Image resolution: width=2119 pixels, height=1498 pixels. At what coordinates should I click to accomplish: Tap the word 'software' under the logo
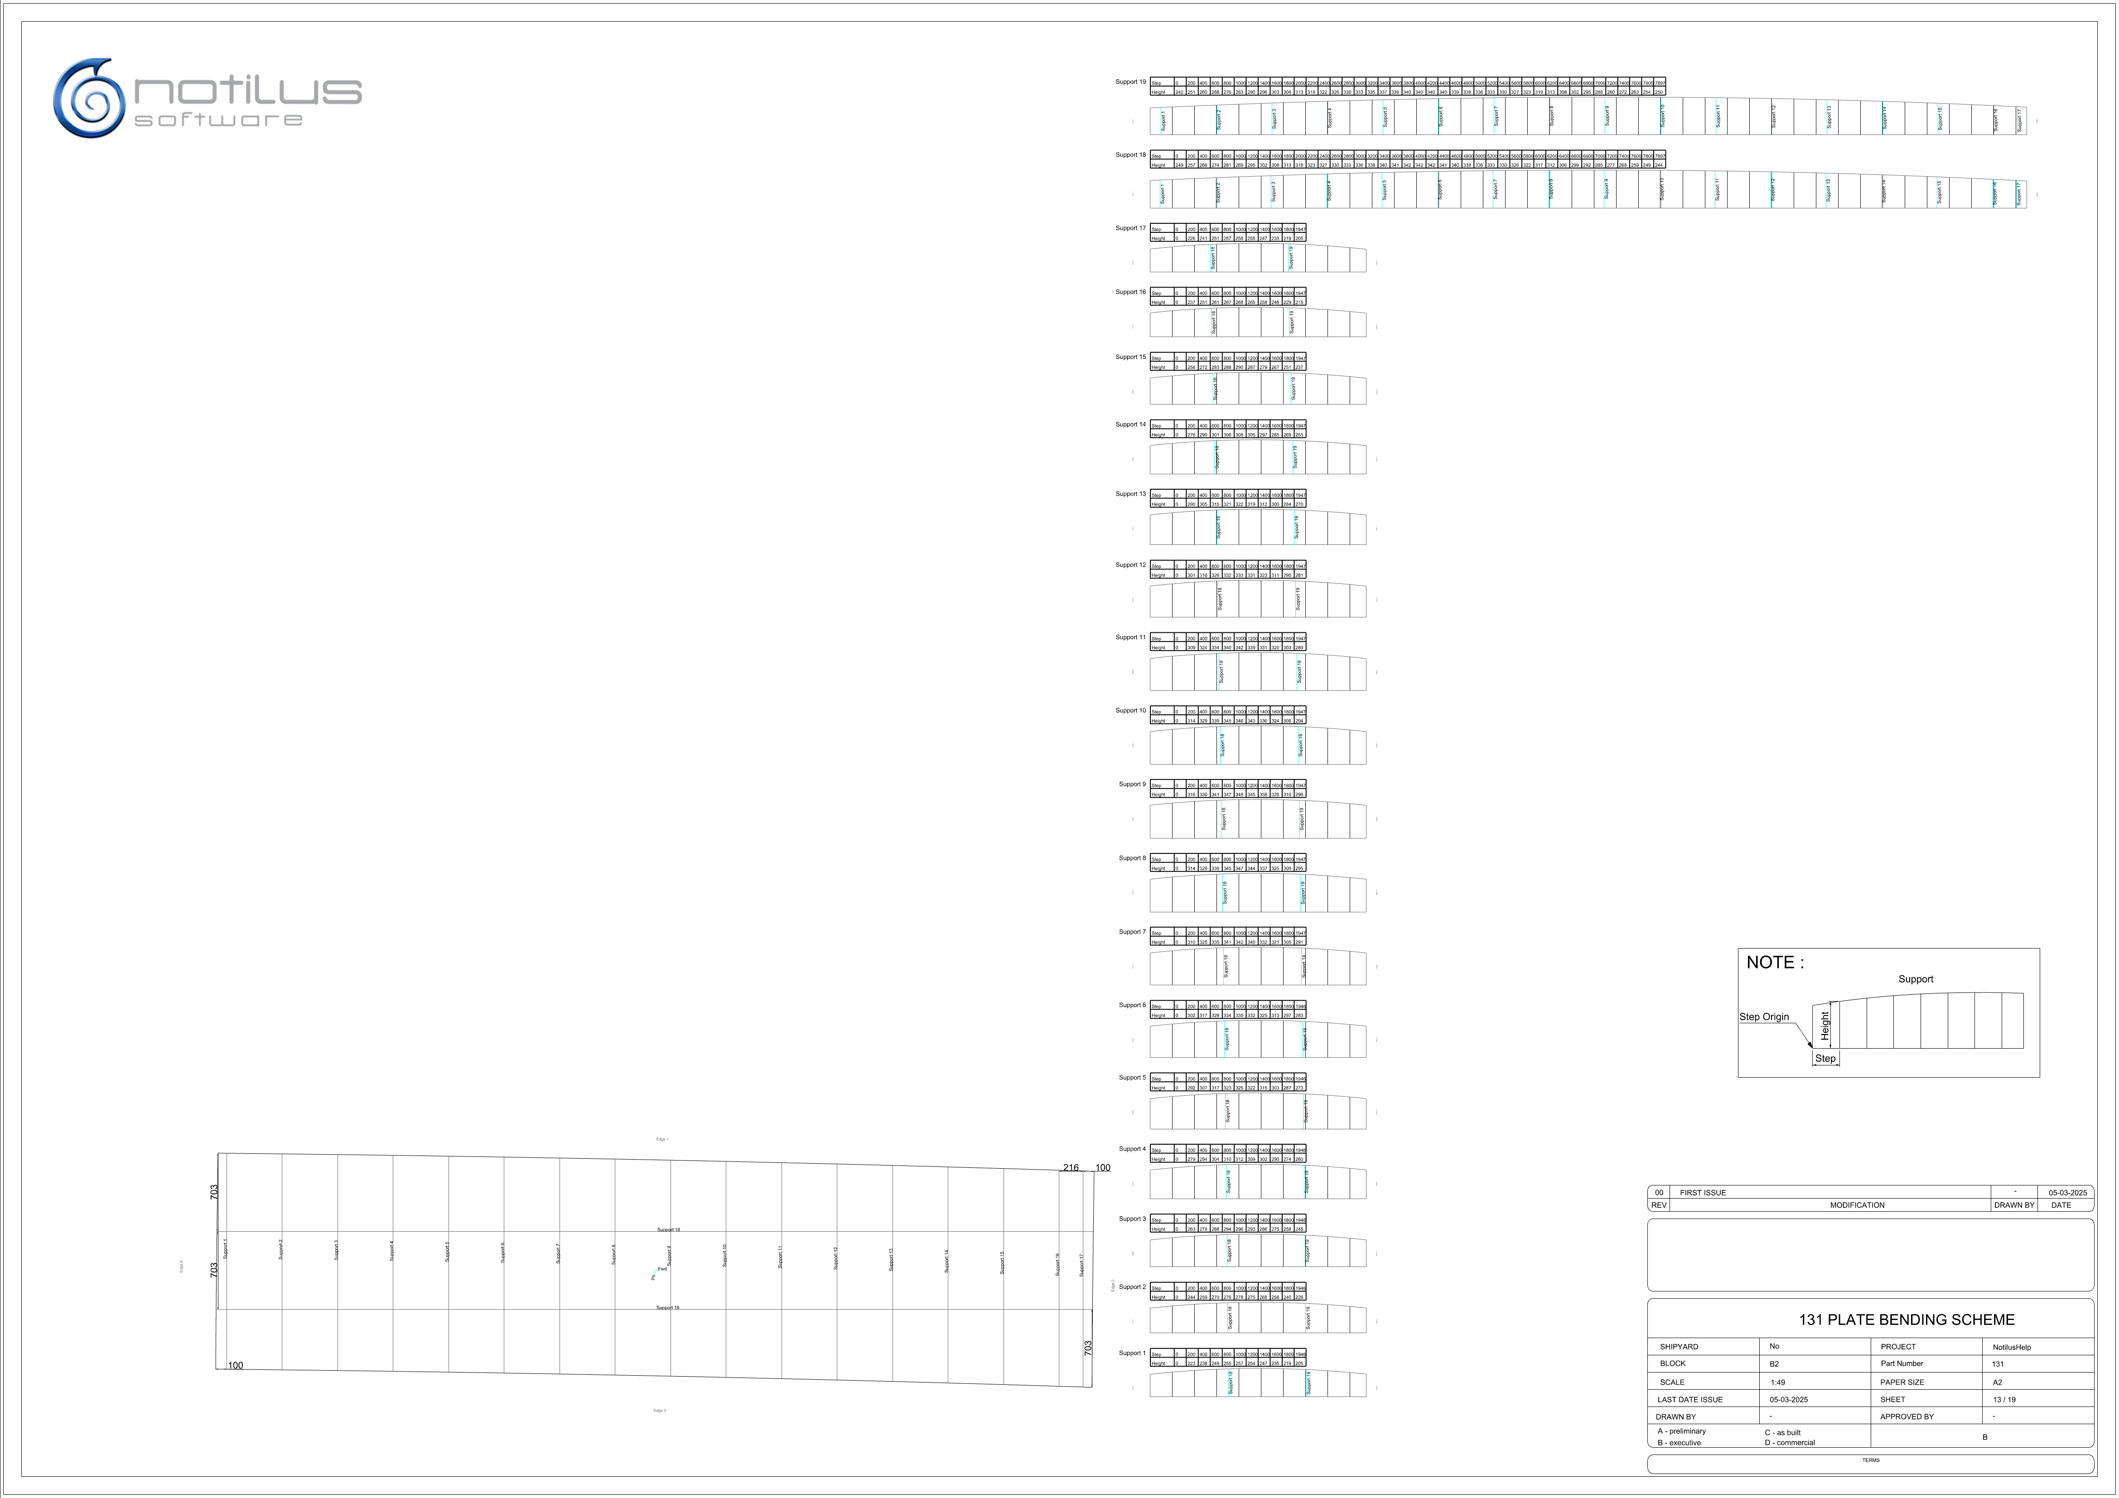[x=219, y=120]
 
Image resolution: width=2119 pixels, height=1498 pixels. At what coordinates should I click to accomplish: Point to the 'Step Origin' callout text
[x=1764, y=1017]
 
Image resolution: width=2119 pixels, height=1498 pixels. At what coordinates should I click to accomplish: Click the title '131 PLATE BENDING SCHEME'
[x=1906, y=1320]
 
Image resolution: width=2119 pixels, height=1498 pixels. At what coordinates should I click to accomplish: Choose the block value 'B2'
[x=1774, y=1364]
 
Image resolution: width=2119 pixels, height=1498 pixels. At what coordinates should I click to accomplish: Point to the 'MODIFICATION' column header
[x=1857, y=1205]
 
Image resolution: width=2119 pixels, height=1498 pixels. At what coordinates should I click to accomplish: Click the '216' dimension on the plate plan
[x=1071, y=1168]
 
